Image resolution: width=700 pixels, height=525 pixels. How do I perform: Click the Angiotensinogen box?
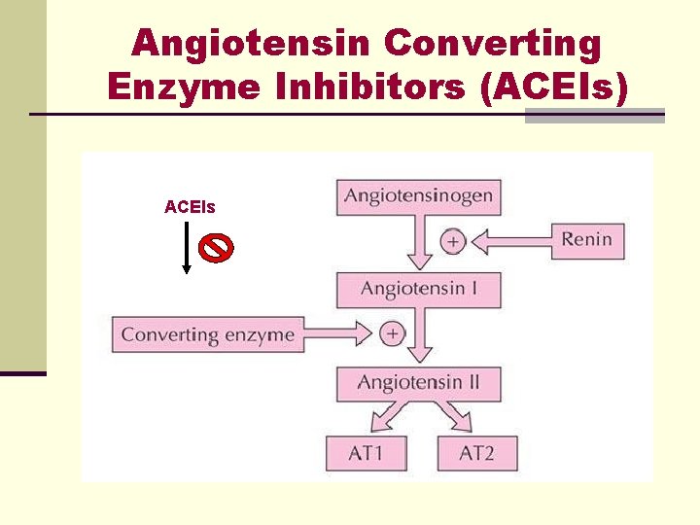(x=418, y=197)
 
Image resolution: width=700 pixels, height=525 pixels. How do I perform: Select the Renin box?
(x=586, y=240)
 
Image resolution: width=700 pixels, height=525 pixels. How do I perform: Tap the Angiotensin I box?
(x=418, y=290)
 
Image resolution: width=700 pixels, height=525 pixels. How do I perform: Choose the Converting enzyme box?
(x=207, y=335)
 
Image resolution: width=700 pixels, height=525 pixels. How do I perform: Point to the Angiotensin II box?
(x=418, y=382)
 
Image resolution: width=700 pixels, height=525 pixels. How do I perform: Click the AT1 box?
(x=366, y=453)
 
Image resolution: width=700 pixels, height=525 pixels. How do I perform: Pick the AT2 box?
(x=476, y=453)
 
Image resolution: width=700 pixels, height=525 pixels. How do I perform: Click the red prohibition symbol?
(x=216, y=248)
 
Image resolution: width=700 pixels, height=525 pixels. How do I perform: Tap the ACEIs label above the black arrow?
(x=190, y=207)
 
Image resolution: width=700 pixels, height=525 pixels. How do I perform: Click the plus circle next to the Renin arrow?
(x=452, y=240)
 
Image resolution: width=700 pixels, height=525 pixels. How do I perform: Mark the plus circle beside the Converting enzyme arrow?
(x=392, y=333)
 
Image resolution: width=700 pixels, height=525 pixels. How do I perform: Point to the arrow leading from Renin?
(x=510, y=240)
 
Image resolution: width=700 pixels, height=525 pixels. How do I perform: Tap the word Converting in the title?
(x=493, y=43)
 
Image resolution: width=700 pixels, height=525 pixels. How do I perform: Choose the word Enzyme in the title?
(x=185, y=87)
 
